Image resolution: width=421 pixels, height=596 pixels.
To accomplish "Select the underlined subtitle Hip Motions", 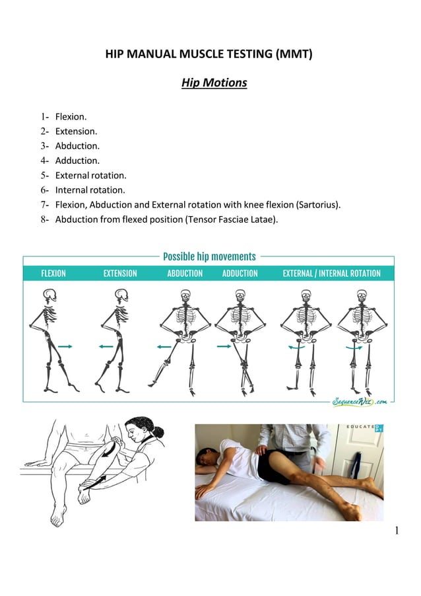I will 214,83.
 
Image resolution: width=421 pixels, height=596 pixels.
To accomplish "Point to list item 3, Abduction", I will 77,146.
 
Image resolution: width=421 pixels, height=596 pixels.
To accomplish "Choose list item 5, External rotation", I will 90,175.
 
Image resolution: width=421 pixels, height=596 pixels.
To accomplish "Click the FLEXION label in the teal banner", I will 53,274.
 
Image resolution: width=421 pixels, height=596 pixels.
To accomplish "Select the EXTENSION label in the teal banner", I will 120,274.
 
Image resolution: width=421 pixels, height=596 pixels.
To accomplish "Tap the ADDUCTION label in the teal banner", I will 240,274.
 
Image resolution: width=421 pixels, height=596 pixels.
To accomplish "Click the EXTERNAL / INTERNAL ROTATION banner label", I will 331,274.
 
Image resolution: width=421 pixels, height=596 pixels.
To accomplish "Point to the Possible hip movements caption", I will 209,256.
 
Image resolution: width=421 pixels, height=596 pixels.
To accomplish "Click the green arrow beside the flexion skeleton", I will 65,346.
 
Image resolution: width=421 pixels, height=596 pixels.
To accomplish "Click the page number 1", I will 397,530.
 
